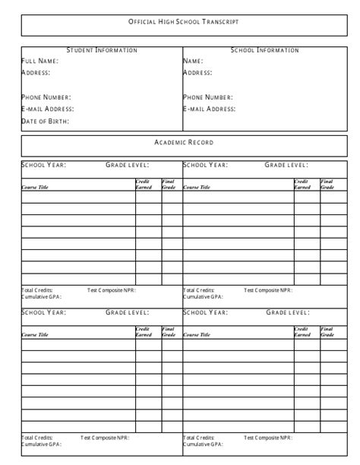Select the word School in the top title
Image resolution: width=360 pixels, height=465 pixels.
click(x=191, y=23)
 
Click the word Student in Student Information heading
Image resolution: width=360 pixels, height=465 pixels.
click(x=79, y=50)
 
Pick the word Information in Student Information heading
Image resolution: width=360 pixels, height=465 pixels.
click(x=116, y=50)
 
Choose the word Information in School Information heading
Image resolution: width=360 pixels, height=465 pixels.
click(x=277, y=50)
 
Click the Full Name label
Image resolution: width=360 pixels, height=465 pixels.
click(x=39, y=61)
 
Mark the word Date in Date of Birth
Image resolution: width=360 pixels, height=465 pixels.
click(x=30, y=121)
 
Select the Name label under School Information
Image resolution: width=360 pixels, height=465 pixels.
click(x=193, y=61)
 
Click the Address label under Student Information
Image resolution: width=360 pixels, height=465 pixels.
click(x=36, y=72)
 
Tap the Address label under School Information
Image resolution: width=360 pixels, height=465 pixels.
click(x=197, y=72)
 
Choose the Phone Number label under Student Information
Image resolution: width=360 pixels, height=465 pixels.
click(x=46, y=97)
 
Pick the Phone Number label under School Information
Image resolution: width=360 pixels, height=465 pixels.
click(x=208, y=97)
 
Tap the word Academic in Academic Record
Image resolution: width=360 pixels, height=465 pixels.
click(x=172, y=143)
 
